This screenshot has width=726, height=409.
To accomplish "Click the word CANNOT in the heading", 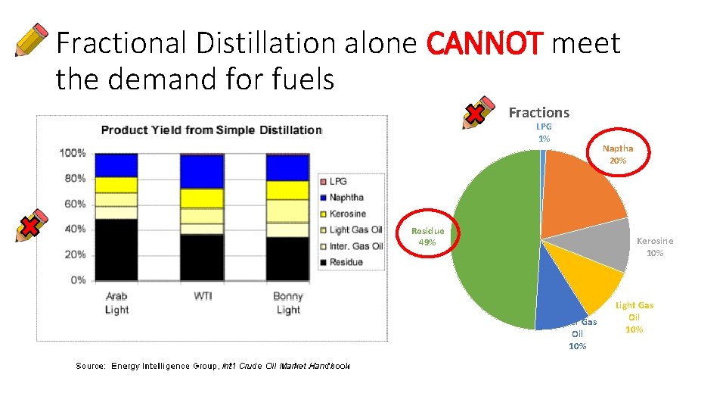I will [x=485, y=44].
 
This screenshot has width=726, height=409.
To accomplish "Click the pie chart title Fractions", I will [x=538, y=113].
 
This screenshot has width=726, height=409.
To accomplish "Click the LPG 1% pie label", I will [x=544, y=133].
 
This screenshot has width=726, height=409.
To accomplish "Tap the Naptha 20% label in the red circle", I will [x=618, y=155].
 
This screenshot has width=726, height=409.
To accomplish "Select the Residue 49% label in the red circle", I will [x=427, y=236].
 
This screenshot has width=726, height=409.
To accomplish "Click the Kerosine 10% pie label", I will [x=654, y=247].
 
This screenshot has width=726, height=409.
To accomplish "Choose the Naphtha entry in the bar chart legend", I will [x=346, y=198].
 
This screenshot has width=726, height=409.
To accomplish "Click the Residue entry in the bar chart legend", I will [x=346, y=262].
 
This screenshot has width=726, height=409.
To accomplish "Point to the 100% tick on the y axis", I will [x=73, y=153].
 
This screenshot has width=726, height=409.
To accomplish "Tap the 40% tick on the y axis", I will [x=76, y=229].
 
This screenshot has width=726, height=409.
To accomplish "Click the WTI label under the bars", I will [x=202, y=296].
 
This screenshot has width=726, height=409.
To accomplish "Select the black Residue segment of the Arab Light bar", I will [x=116, y=249].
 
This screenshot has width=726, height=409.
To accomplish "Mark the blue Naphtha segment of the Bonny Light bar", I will [x=287, y=167].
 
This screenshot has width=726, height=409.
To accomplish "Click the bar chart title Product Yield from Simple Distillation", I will [x=212, y=130].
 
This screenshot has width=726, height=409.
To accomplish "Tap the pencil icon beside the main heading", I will [x=32, y=40].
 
